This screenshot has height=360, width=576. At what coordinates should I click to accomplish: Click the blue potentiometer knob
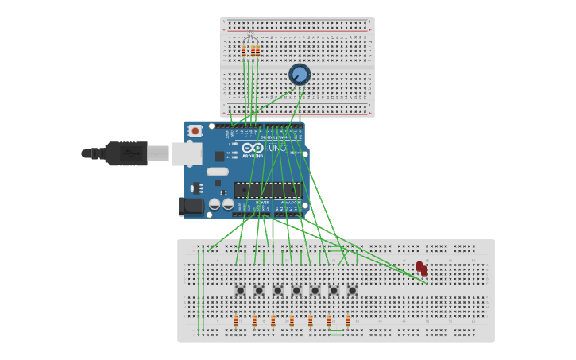click(300, 75)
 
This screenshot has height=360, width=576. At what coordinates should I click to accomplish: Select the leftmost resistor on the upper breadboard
click(244, 51)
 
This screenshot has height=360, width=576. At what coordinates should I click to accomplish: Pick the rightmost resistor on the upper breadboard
click(257, 51)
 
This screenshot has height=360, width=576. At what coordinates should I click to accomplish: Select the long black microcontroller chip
click(268, 190)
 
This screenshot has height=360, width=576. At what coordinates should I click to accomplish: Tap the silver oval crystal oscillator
click(217, 172)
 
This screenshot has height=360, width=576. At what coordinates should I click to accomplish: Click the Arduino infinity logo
click(253, 148)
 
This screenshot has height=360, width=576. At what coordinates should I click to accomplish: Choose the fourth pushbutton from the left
click(296, 290)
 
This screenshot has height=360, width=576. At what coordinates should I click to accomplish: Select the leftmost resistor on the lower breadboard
click(236, 321)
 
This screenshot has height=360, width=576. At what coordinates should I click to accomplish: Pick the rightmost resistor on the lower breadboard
click(347, 321)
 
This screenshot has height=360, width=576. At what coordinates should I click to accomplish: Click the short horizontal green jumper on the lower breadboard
click(336, 331)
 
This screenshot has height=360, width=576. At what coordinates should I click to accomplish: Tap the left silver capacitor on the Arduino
click(215, 204)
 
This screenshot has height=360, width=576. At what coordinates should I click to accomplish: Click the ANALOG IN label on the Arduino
click(288, 203)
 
